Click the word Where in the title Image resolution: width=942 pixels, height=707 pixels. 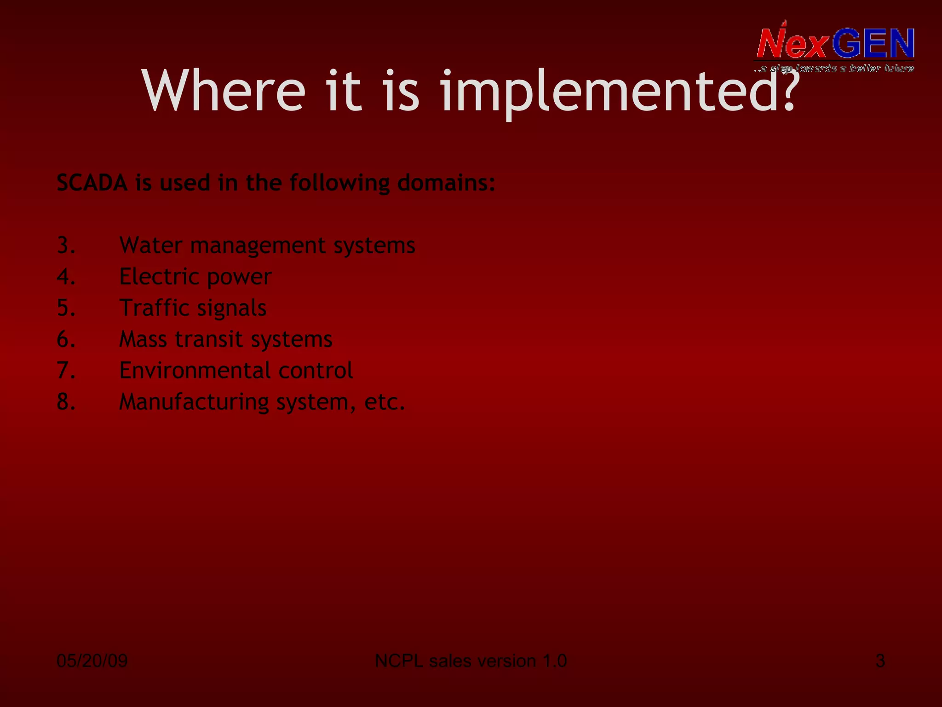click(224, 90)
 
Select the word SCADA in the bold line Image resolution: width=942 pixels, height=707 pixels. click(92, 183)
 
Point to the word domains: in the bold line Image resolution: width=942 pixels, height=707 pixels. click(446, 183)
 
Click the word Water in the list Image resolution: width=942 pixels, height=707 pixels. click(150, 245)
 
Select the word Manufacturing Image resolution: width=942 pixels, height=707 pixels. click(194, 402)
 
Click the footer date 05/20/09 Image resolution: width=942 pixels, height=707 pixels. click(92, 661)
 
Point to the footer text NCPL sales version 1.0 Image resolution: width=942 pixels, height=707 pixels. click(471, 661)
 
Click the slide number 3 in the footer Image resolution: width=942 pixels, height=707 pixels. click(880, 661)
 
